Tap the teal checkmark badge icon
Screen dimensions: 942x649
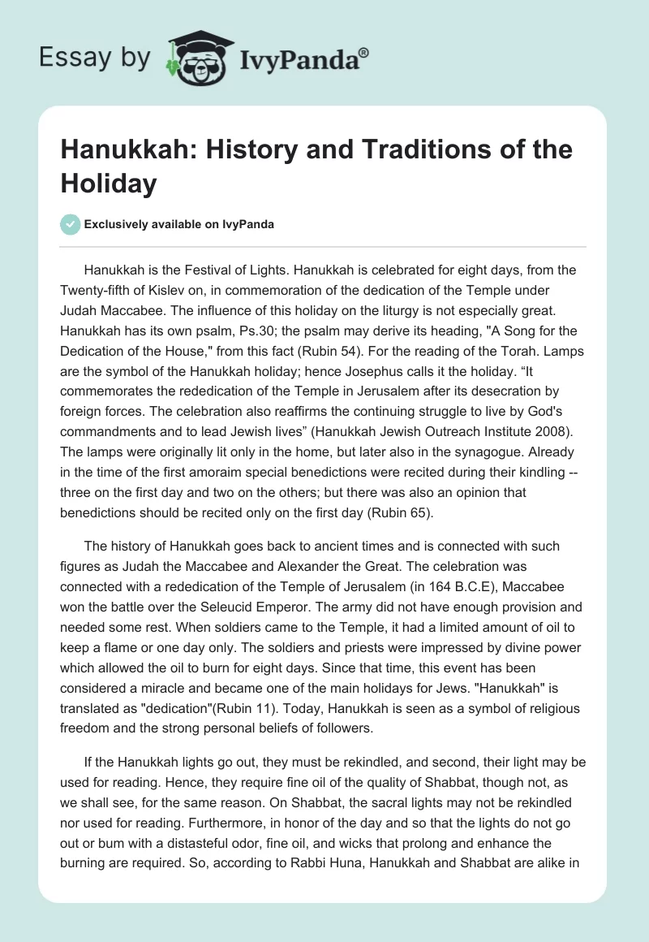[x=71, y=225]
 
